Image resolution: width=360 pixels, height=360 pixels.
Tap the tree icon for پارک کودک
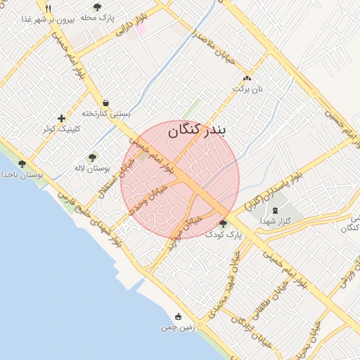[223, 224]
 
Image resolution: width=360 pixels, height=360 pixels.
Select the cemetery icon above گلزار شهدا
[274, 210]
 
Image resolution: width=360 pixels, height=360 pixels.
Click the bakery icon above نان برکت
[246, 79]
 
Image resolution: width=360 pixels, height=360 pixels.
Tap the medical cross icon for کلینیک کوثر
[62, 118]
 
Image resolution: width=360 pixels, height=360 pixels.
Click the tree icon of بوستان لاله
[92, 157]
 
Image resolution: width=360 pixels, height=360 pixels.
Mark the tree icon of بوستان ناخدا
[22, 164]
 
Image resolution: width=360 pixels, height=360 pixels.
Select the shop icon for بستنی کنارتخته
[105, 102]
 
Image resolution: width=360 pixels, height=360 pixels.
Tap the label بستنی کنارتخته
[106, 113]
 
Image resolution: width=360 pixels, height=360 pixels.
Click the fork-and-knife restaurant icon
[48, 8]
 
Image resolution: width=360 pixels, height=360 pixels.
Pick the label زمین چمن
[176, 328]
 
